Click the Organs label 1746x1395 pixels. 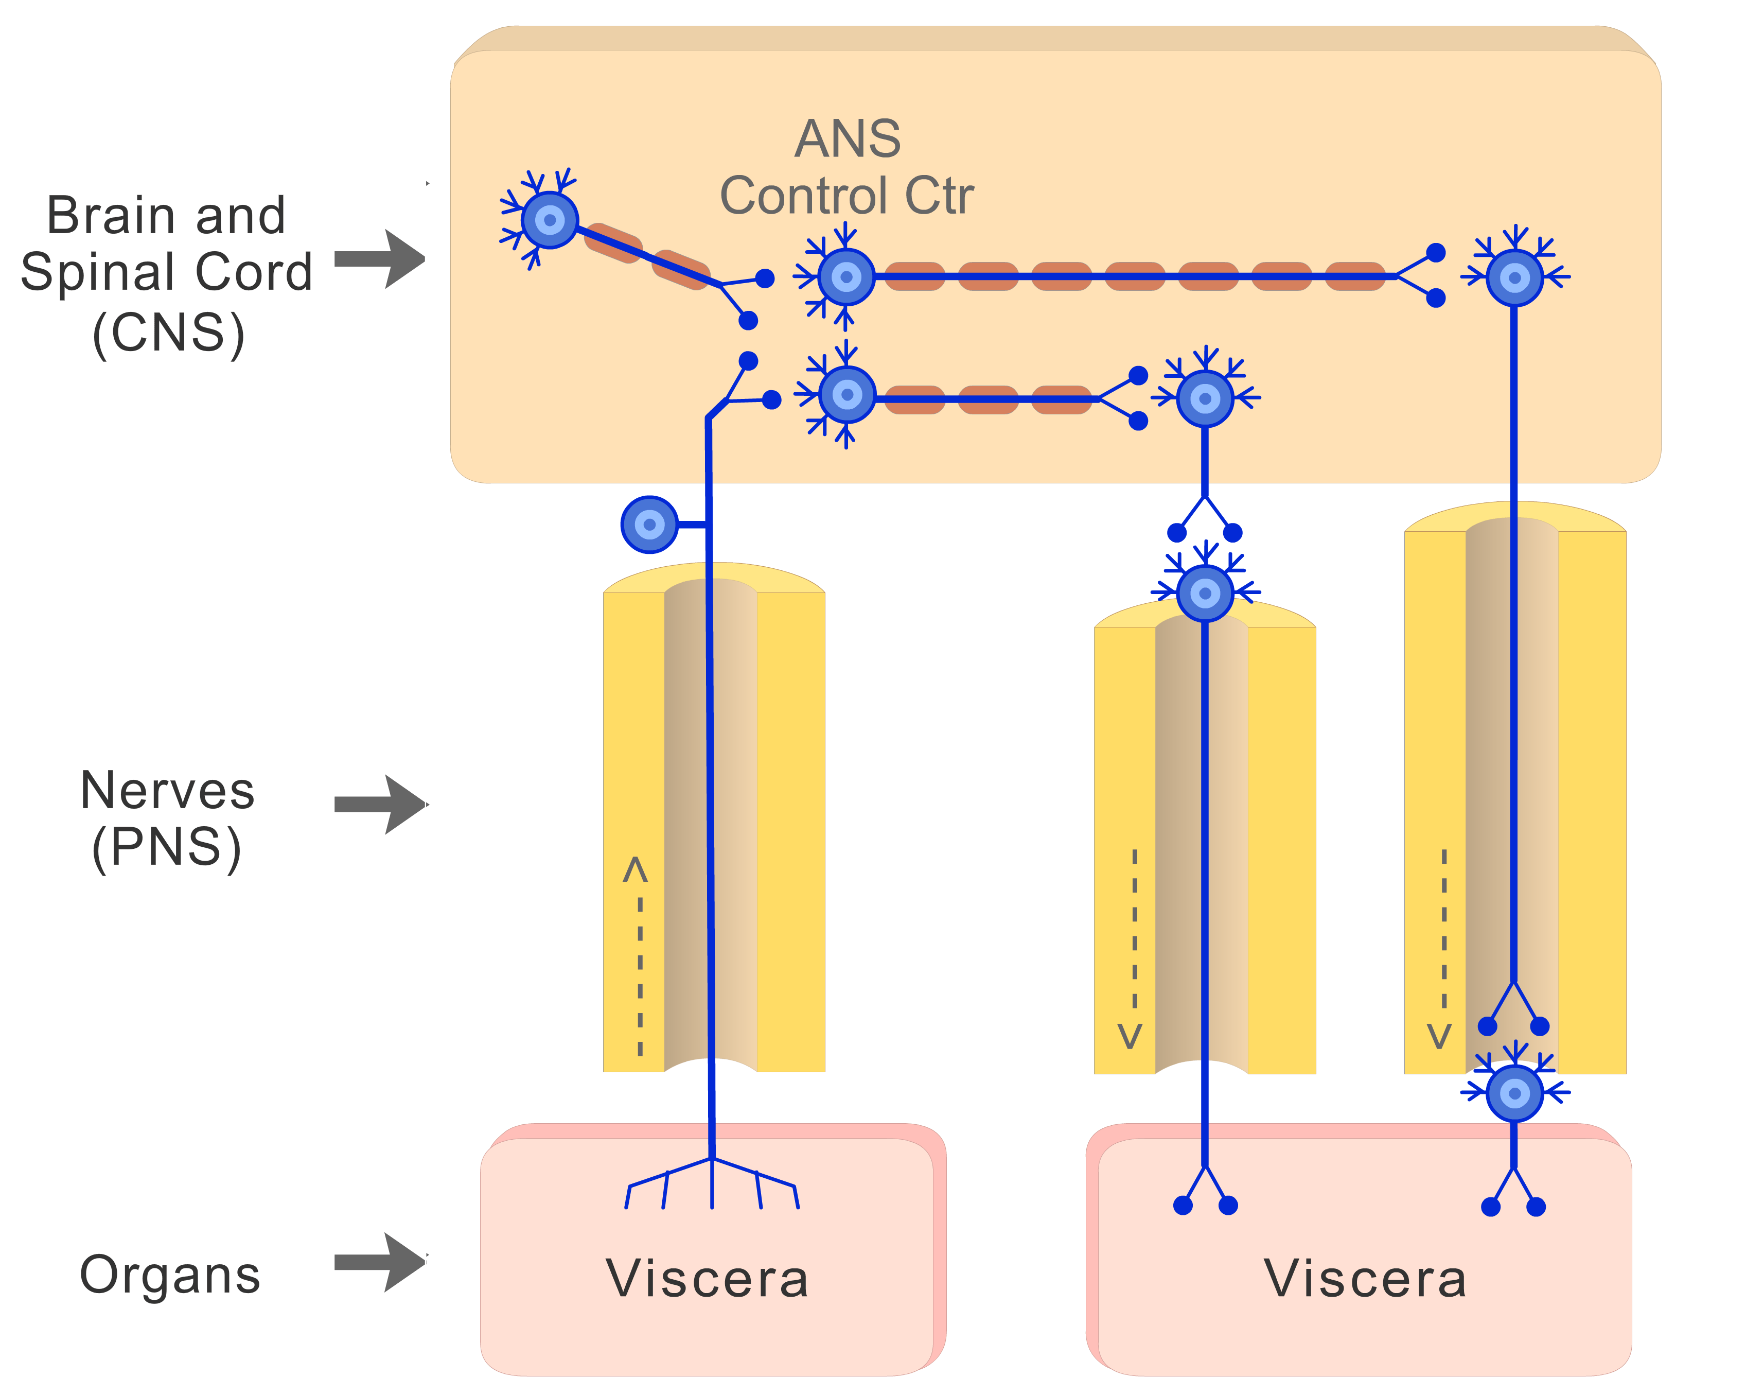(170, 1275)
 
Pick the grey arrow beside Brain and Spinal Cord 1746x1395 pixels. (381, 259)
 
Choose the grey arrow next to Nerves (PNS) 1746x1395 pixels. (381, 805)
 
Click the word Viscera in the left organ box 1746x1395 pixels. (707, 1278)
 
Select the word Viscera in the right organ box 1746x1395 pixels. (1365, 1278)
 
